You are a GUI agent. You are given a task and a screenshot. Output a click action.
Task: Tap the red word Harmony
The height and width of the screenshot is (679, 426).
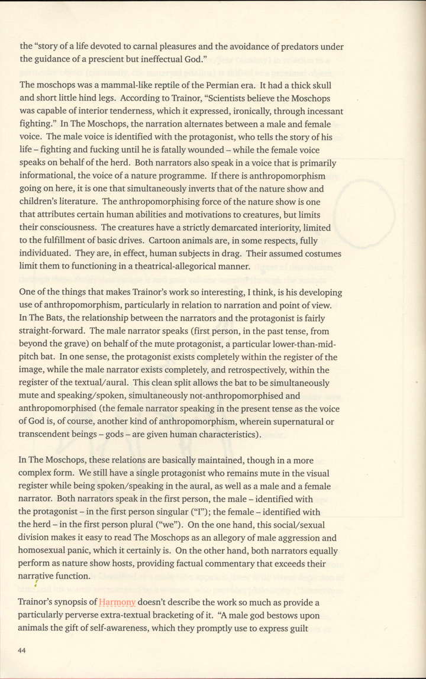coord(117,603)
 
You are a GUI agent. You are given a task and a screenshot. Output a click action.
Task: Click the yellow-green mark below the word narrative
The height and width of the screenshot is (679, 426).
coord(35,584)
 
